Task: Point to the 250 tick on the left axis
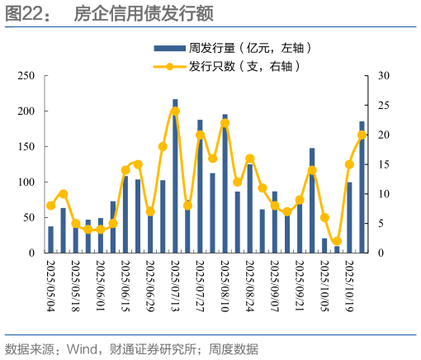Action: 26,76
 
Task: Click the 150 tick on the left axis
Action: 26,146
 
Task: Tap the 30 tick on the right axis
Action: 384,76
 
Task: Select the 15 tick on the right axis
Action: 384,164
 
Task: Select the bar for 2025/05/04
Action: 50,239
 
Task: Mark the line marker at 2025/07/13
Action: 175,111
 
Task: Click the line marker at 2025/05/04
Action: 50,206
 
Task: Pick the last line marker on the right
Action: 362,135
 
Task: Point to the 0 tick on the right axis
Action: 381,253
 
